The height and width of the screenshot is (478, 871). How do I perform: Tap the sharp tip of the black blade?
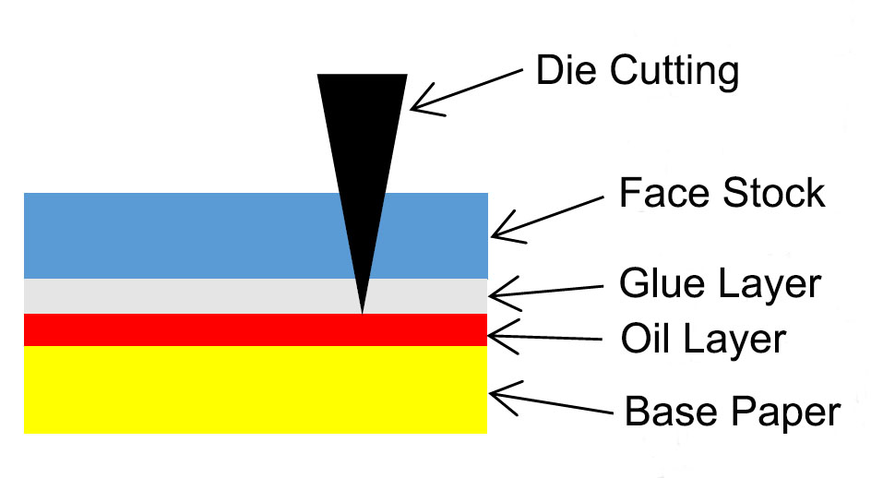tap(362, 308)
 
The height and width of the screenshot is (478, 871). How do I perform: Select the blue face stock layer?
tap(185, 235)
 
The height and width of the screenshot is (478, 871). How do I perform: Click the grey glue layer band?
tap(185, 296)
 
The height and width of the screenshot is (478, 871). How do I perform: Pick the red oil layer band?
tap(185, 329)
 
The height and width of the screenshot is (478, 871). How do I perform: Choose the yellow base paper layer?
tap(185, 388)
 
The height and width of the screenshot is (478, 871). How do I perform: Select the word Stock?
tap(775, 194)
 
